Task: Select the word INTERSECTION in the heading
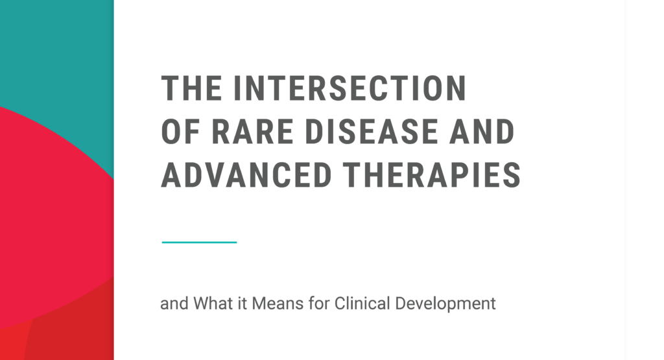pos(350,88)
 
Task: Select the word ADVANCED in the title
pos(247,175)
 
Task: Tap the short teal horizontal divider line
pos(199,242)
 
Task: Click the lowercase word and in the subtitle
pos(172,303)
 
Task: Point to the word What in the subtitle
pos(209,303)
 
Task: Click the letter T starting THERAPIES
pos(351,175)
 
